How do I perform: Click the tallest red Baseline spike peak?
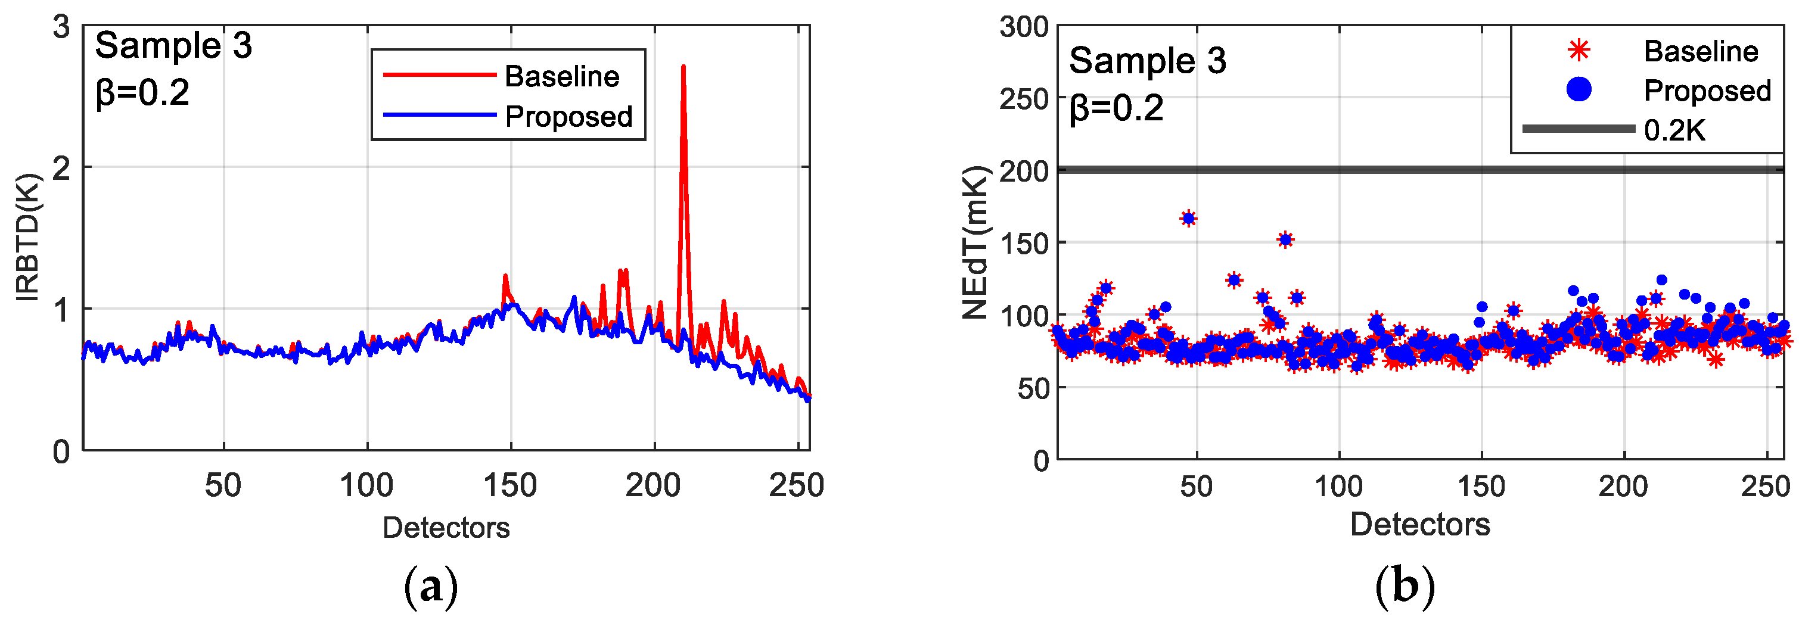tap(683, 68)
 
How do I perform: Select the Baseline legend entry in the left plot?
tap(561, 76)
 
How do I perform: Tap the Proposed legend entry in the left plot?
tap(568, 117)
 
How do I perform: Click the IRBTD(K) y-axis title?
tap(28, 238)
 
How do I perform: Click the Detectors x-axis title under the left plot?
tap(446, 527)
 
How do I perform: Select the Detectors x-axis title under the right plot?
tap(1420, 524)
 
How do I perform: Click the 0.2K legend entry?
tap(1674, 130)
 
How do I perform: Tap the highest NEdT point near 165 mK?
tap(1188, 219)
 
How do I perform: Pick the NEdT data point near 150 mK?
tap(1285, 239)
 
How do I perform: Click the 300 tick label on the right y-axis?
tap(1023, 27)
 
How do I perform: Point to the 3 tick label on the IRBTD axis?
tap(61, 27)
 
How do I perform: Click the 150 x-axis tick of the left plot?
tap(510, 485)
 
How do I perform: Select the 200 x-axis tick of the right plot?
tap(1623, 486)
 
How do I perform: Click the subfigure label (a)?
tap(431, 587)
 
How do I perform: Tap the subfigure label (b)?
tap(1405, 587)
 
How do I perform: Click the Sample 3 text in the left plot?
tap(173, 45)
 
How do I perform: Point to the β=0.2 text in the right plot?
tap(1116, 108)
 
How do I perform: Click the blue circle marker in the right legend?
tap(1579, 89)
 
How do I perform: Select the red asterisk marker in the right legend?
tap(1579, 50)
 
